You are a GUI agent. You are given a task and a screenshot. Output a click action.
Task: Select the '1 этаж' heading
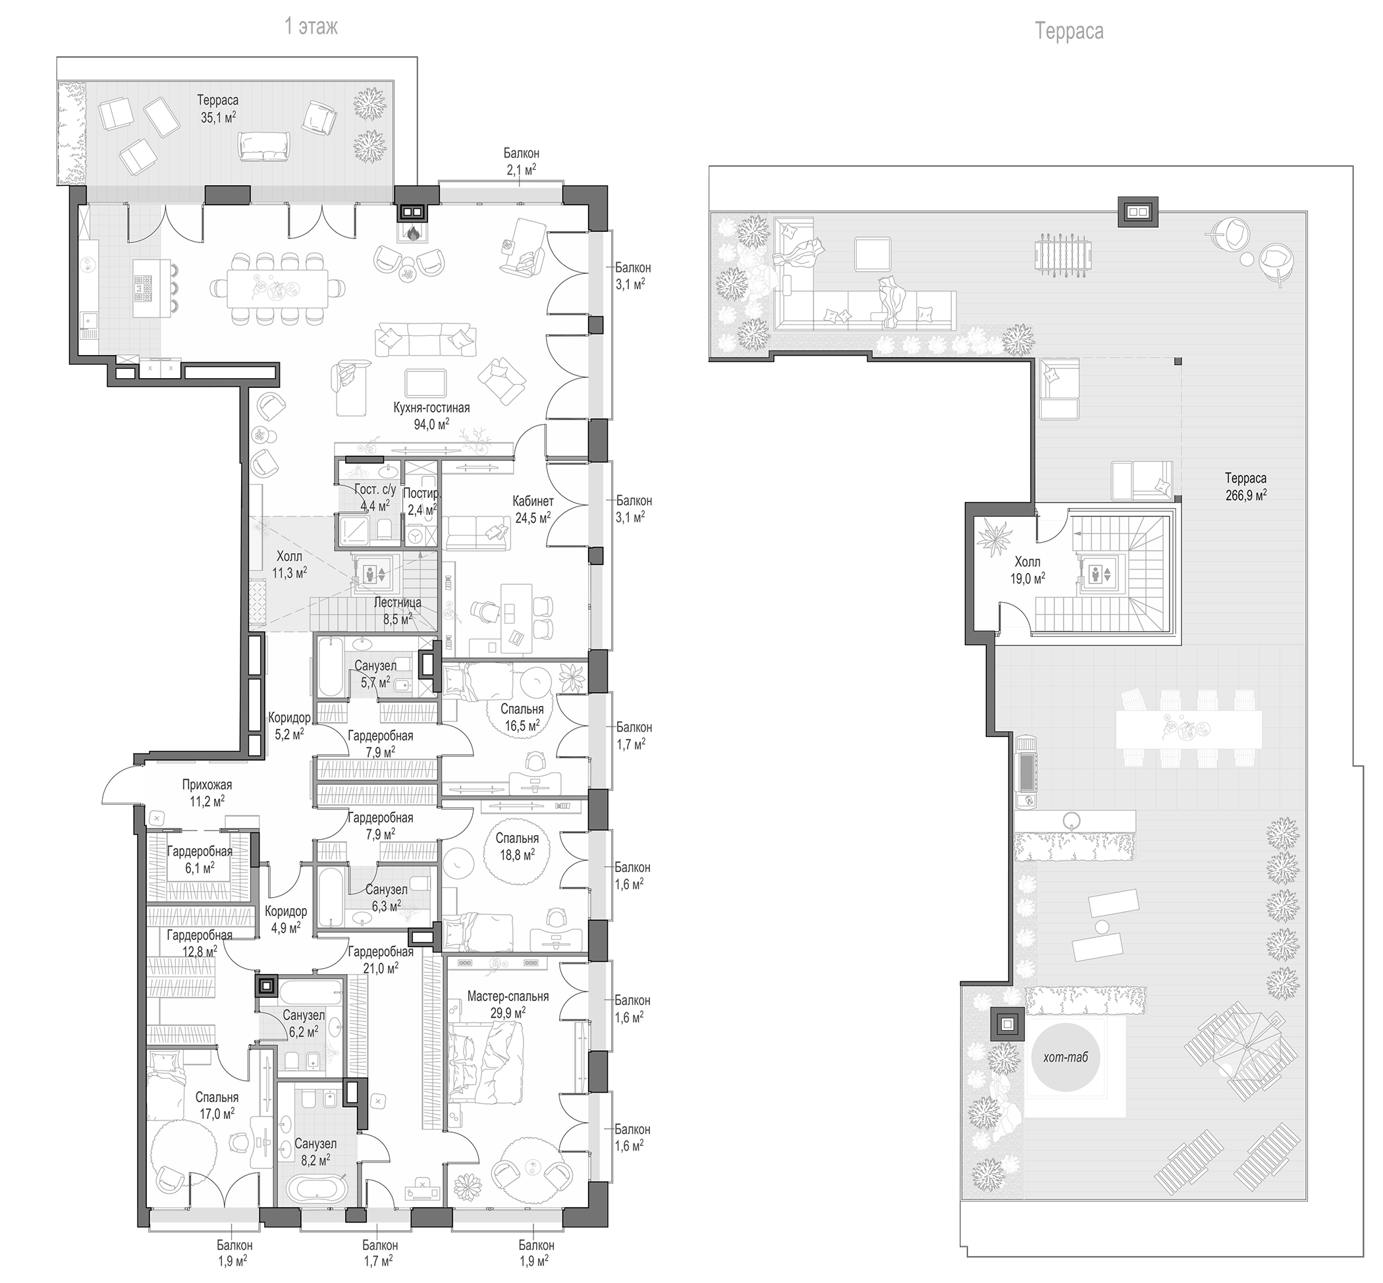[311, 27]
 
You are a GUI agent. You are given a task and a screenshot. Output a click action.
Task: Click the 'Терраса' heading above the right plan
[1069, 31]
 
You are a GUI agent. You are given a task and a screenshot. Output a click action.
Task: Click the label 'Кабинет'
[533, 501]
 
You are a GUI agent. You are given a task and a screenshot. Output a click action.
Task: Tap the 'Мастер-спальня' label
[508, 996]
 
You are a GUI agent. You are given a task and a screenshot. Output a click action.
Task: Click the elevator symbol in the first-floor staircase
[375, 574]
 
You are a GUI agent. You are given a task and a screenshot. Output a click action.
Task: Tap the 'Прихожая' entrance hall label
[207, 784]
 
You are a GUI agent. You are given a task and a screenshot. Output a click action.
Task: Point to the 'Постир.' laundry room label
[421, 493]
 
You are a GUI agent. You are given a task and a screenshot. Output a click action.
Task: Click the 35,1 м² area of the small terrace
[218, 117]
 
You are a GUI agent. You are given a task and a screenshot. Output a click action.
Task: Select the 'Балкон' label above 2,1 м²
[522, 153]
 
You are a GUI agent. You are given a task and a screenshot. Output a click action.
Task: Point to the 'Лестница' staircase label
[397, 603]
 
